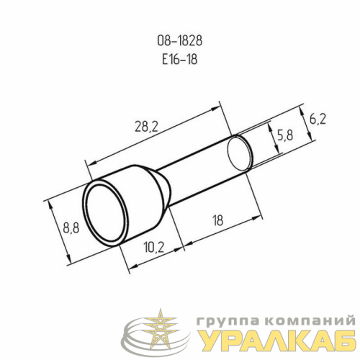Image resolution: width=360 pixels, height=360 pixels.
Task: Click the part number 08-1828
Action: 180,41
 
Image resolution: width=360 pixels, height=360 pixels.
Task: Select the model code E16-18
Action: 180,59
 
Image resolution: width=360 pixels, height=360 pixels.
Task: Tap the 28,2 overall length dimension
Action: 146,127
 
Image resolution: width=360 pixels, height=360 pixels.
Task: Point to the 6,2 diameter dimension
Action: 318,119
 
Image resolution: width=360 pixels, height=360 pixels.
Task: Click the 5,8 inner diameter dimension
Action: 285,135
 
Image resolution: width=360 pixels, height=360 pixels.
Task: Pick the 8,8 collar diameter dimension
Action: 71,228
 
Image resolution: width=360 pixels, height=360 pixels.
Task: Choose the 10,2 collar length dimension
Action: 154,247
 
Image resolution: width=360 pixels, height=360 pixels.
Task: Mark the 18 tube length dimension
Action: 218,220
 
